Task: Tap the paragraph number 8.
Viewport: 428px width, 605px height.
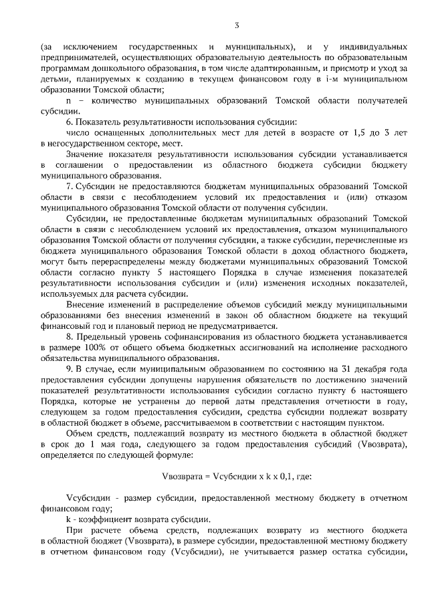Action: coord(69,338)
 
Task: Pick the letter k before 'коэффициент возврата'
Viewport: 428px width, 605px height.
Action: coord(68,519)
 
